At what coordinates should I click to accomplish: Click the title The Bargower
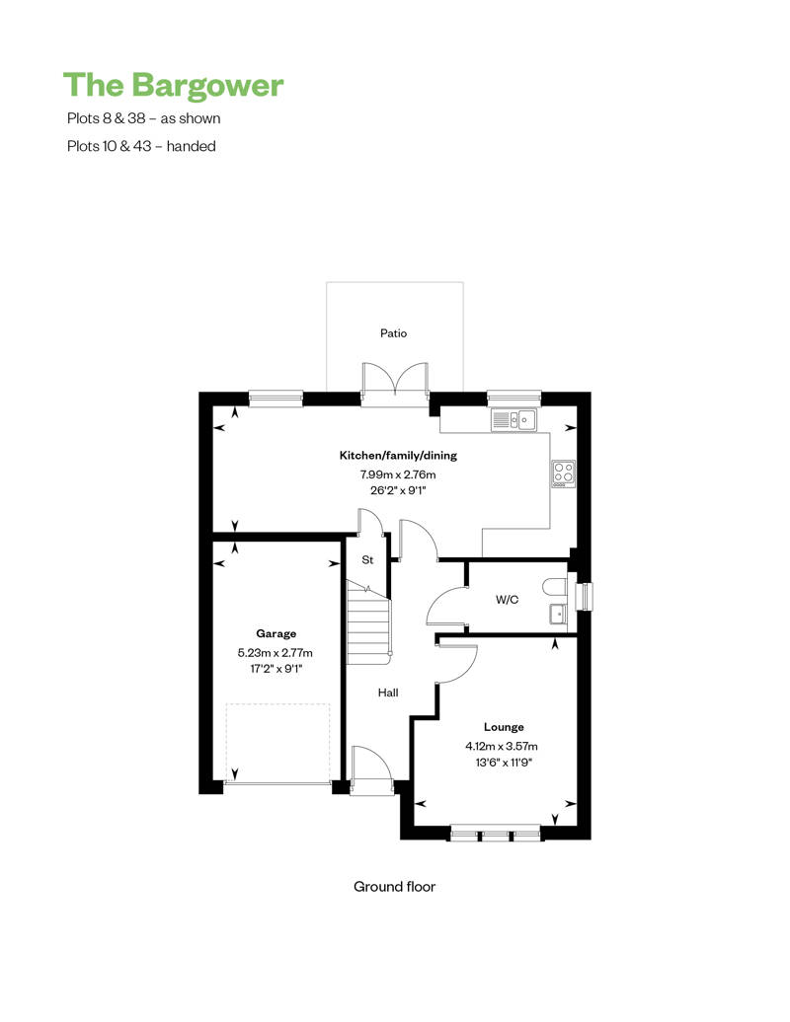pos(174,85)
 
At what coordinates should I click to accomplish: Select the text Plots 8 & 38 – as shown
pos(143,118)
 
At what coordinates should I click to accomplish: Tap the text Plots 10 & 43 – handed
pos(141,146)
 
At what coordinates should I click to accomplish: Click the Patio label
pos(394,333)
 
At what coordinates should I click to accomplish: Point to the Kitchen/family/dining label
pos(398,456)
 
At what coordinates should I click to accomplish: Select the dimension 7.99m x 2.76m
pos(398,474)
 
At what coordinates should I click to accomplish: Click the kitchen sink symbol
pos(513,420)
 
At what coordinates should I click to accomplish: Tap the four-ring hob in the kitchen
pos(564,474)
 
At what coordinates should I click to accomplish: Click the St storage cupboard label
pos(366,560)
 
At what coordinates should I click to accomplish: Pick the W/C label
pos(508,598)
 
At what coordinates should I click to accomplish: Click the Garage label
pos(276,633)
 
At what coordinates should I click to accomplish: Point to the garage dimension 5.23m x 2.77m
pos(276,652)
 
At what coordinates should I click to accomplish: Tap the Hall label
pos(388,693)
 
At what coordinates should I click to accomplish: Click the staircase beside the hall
pos(368,620)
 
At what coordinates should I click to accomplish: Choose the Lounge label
pos(504,727)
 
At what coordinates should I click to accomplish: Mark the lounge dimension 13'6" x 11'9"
pos(505,762)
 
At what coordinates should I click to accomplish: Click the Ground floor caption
pos(394,886)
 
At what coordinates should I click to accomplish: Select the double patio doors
pos(395,383)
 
